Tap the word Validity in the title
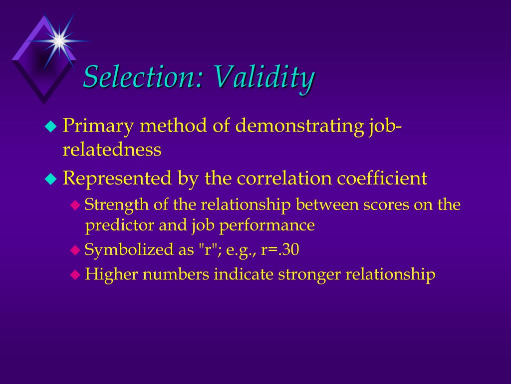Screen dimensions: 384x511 pyautogui.click(x=264, y=77)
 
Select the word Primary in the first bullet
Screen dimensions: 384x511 pyautogui.click(x=98, y=125)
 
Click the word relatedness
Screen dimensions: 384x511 pyautogui.click(x=112, y=149)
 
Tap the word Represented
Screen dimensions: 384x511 pyautogui.click(x=117, y=178)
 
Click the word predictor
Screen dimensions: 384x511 pyautogui.click(x=120, y=225)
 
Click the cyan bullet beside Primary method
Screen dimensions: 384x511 pyautogui.click(x=51, y=127)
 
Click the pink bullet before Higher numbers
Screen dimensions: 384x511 pyautogui.click(x=75, y=274)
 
